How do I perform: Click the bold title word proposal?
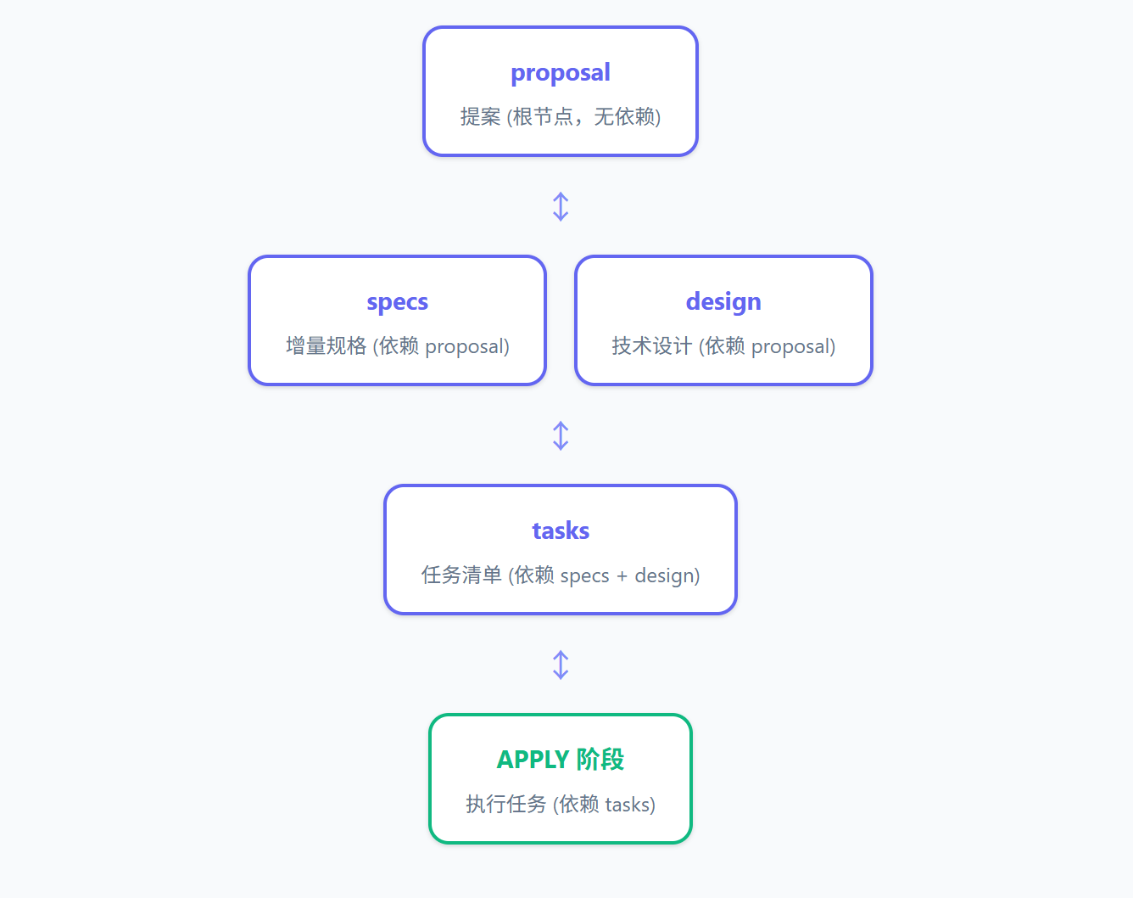tap(561, 73)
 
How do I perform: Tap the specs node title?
tap(398, 302)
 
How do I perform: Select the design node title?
tap(723, 302)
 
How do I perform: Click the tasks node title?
tap(561, 530)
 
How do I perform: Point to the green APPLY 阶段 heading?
tap(561, 760)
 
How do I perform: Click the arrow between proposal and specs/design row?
tap(561, 206)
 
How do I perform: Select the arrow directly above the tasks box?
tap(561, 435)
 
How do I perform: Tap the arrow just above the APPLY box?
tap(561, 665)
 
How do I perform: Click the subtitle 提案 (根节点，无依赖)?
tap(561, 116)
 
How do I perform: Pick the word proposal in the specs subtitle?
tap(465, 347)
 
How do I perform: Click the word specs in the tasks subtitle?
tap(584, 576)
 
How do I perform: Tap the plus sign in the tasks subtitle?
tap(622, 576)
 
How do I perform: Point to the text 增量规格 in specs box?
tap(326, 346)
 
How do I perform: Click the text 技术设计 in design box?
tap(652, 346)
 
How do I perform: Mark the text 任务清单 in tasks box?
tap(461, 575)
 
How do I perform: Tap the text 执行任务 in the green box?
tap(506, 804)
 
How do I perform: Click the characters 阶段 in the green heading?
tap(600, 760)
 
